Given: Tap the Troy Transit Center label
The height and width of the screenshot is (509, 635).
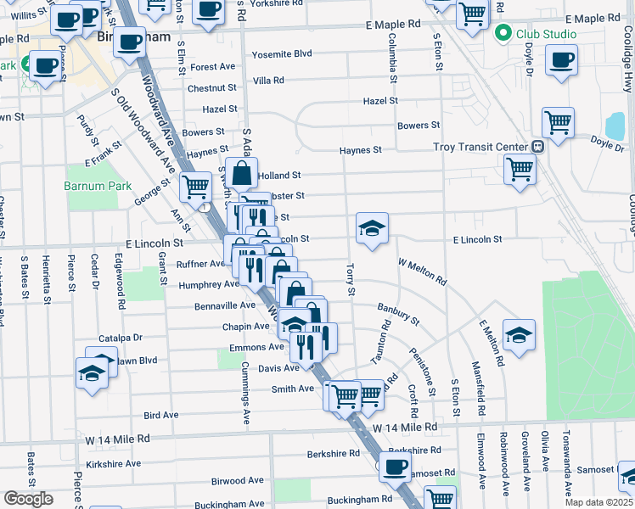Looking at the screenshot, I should (x=480, y=147).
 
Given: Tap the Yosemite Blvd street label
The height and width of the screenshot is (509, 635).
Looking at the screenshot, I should (x=281, y=54).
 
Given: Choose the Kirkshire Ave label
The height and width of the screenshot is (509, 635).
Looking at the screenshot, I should (x=113, y=463).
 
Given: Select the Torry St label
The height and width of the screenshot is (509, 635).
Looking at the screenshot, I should (x=351, y=279).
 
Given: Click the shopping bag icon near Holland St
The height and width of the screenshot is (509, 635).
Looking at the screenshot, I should (x=242, y=174).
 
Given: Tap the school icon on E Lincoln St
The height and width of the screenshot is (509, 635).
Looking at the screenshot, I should (x=372, y=228).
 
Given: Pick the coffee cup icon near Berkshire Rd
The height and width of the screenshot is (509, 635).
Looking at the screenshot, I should (x=394, y=467).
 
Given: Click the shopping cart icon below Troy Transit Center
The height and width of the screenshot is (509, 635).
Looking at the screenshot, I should (x=520, y=168).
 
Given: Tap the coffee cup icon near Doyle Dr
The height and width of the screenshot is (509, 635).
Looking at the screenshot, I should (x=561, y=60).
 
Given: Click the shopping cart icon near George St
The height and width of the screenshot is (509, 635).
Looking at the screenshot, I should (x=196, y=186).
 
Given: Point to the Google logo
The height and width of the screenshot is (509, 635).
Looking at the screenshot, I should (x=28, y=499).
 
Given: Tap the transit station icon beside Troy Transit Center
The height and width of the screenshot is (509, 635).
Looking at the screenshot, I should (x=537, y=147).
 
